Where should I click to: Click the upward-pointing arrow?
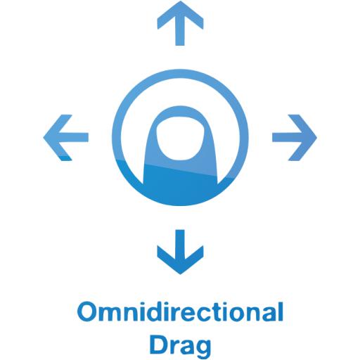coord(180,23)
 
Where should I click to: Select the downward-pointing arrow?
coord(180,252)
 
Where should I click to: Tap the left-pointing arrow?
coord(66,137)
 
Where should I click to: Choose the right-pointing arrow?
coord(295,137)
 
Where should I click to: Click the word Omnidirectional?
coord(180,311)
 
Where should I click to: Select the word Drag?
coord(180,345)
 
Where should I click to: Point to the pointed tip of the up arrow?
coord(180,1)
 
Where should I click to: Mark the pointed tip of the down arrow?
coord(180,274)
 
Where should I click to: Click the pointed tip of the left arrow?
coord(44,137)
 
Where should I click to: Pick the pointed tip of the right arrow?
coord(316,137)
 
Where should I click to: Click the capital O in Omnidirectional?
coord(87,311)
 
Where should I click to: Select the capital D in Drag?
coord(159,345)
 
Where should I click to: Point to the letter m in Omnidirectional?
coord(112,314)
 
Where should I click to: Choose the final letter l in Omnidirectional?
coord(281,311)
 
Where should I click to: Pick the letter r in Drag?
coord(174,348)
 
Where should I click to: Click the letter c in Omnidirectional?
coord(211,314)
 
